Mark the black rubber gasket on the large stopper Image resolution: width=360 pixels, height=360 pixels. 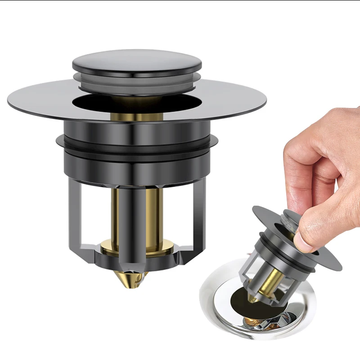pos(135,144)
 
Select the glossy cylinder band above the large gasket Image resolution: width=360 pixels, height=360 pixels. pos(135,130)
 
